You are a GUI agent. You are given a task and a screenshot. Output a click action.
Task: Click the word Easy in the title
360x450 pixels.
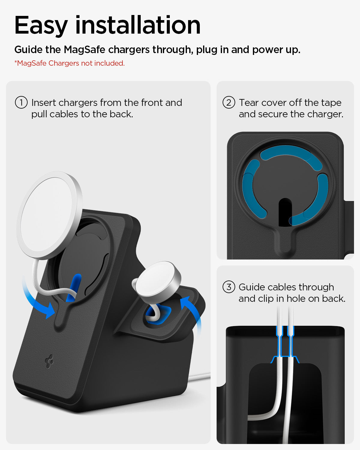[x=41, y=26]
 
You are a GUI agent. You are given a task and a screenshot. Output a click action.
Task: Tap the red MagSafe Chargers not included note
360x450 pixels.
[x=69, y=63]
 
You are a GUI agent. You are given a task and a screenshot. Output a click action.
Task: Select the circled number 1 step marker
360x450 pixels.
[x=21, y=103]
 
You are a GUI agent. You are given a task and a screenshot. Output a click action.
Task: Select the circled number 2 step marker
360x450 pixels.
[x=229, y=103]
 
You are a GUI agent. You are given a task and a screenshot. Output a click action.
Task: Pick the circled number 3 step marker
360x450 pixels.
[x=229, y=287]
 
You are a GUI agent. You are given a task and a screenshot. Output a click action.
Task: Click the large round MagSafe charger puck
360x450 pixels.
[x=49, y=214]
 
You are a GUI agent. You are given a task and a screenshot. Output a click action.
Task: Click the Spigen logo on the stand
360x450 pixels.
[x=49, y=361]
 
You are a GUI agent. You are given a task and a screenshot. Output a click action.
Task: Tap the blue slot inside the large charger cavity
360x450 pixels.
[x=73, y=286]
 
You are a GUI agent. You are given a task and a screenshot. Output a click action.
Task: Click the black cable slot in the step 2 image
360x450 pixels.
[x=285, y=211]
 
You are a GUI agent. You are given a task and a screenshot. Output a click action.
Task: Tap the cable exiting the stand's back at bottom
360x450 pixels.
[x=199, y=376]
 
